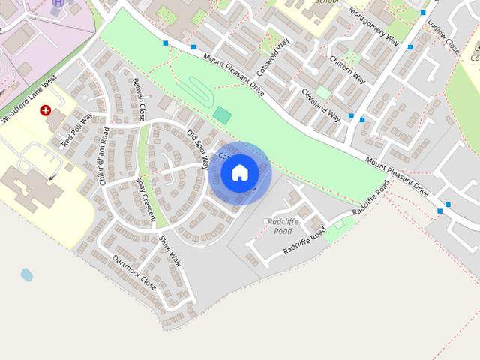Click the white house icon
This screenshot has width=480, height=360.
pos(240,173)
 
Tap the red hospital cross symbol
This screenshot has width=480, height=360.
pos(46,110)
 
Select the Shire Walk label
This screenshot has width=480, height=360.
pos(170,250)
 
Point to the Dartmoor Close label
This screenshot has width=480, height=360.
pos(134,273)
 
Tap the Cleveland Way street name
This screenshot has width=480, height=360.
pos(321,104)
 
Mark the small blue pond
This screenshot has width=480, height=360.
pos(27,274)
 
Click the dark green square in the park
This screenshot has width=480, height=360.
pos(222,115)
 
